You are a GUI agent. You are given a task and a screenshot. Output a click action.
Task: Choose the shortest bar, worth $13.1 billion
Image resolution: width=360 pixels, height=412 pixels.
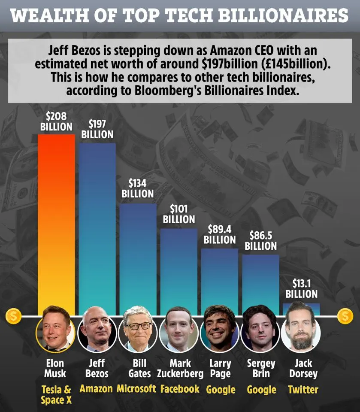tap(301, 309)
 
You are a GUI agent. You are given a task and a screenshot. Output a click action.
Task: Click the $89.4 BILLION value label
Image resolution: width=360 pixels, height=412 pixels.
tap(219, 234)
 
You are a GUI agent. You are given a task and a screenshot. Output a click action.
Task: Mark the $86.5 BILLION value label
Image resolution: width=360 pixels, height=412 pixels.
tap(260, 241)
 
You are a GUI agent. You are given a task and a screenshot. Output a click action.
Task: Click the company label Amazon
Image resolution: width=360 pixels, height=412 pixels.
tap(96, 389)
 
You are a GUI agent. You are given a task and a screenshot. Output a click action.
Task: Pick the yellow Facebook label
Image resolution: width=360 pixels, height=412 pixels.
tap(180, 389)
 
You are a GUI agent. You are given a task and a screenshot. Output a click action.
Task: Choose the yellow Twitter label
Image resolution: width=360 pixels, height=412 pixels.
tap(303, 390)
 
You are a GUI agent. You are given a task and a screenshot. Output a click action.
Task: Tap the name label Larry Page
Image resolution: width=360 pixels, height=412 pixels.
tap(220, 369)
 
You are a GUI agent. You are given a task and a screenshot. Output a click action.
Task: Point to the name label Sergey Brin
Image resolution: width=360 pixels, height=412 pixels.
tap(261, 369)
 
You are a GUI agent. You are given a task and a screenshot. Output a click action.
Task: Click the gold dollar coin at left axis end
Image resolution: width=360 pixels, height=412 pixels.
tap(13, 317)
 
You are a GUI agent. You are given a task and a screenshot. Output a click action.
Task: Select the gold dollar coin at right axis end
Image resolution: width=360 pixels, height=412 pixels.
tap(345, 317)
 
